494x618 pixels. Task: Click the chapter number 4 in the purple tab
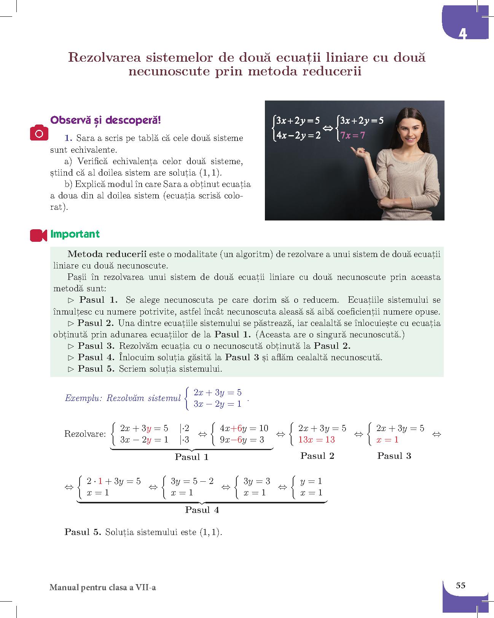[462, 33]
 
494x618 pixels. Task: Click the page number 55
[461, 585]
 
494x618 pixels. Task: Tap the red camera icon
[39, 133]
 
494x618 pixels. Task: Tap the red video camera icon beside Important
[38, 235]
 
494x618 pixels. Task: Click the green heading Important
[75, 234]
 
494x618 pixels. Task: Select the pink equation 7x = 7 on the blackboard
[353, 135]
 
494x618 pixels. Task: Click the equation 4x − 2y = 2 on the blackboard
[299, 135]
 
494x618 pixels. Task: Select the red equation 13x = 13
[316, 439]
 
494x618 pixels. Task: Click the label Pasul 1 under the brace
[191, 457]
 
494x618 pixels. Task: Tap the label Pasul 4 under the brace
[202, 510]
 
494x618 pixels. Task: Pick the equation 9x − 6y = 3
[242, 440]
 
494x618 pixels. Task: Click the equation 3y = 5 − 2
[192, 481]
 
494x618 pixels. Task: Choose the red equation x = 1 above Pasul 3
[387, 439]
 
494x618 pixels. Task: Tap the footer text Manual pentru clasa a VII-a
[102, 588]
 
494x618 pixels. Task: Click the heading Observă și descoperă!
[106, 120]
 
